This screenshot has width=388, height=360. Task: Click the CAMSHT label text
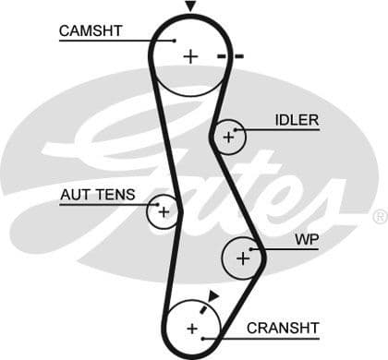tap(91, 30)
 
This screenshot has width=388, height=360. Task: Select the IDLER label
tap(296, 120)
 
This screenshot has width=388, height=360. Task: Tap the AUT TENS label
tap(97, 195)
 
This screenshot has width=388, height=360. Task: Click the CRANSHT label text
tap(283, 328)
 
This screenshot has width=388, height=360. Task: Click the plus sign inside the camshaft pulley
tap(189, 56)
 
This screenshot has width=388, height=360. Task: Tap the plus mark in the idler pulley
tap(227, 138)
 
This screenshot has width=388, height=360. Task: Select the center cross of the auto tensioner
tap(164, 211)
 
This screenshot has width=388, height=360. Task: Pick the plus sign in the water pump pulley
tap(243, 258)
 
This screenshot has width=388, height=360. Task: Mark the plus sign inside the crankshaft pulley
tap(192, 329)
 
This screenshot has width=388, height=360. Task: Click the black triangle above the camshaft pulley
tap(190, 6)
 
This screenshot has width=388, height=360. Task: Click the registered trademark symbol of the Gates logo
tap(379, 217)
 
